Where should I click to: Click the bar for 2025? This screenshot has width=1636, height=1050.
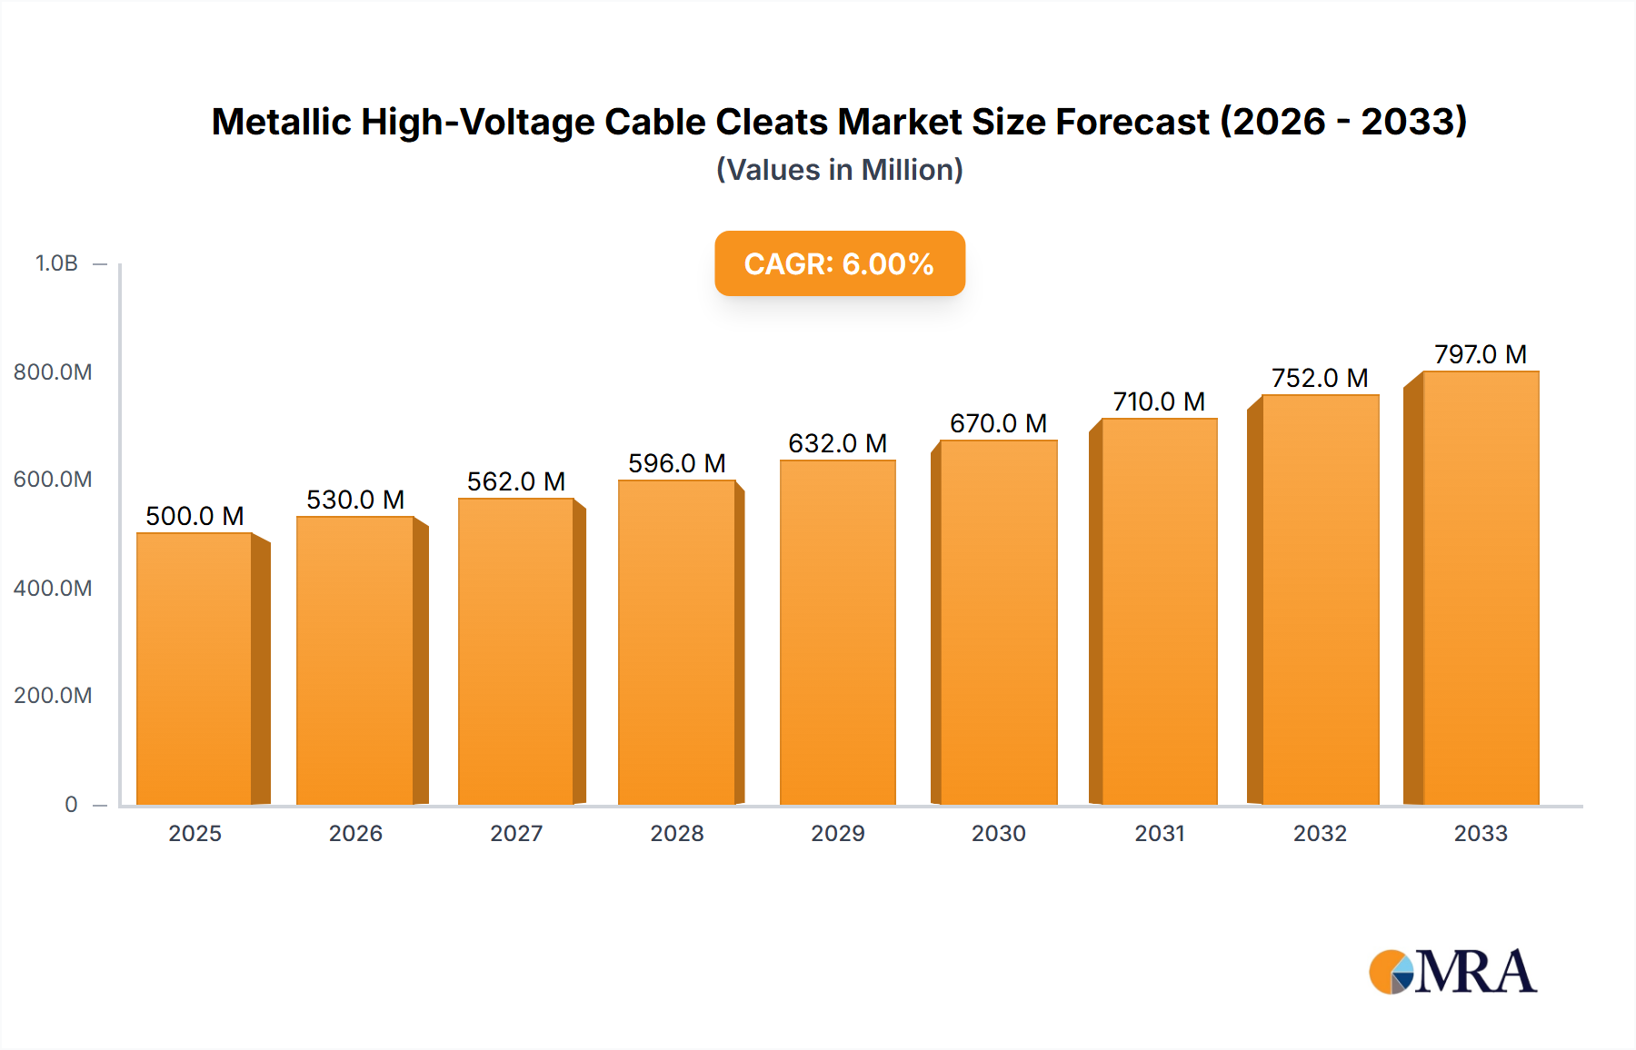click(195, 669)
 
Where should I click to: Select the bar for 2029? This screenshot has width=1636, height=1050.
click(837, 632)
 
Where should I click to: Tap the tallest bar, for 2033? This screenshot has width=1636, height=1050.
click(1481, 588)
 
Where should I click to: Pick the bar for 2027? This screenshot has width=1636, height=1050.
click(516, 651)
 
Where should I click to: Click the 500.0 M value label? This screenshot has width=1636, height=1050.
click(195, 516)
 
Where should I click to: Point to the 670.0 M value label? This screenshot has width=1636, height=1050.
click(998, 423)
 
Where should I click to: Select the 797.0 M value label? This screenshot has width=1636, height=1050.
click(1480, 354)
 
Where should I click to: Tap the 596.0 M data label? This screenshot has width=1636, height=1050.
click(676, 463)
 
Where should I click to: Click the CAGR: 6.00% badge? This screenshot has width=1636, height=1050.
click(839, 263)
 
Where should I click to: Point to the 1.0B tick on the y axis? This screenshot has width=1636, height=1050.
click(56, 263)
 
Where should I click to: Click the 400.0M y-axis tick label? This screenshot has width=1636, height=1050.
click(53, 588)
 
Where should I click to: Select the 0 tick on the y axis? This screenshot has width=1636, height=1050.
click(71, 804)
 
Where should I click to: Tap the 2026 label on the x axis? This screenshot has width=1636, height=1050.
click(355, 833)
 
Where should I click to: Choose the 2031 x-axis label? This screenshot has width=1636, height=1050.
click(1159, 833)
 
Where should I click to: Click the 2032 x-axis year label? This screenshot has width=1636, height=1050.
click(1320, 833)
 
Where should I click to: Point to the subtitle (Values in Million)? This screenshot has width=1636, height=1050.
click(839, 170)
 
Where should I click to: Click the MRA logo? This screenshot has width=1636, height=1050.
click(1451, 972)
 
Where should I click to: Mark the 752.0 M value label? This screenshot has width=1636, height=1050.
click(1319, 378)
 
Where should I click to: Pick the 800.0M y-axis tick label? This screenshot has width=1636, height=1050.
click(53, 371)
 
